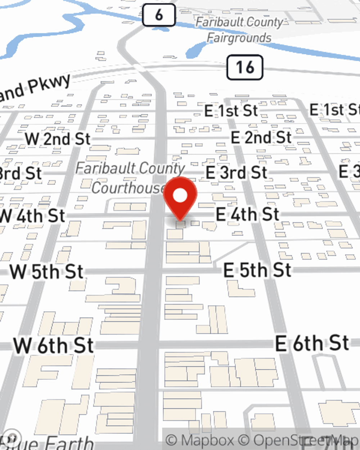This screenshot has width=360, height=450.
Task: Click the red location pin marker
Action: pos(180,197)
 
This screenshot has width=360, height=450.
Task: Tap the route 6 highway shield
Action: pos(159,15)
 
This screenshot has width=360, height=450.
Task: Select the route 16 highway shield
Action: pos(245,67)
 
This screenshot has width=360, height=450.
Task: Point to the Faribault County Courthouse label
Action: pos(130,178)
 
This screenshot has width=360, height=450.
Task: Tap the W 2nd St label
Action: pos(58,139)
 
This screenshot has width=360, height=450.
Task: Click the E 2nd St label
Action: pos(261,137)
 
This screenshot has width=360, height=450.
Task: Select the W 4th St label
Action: pos(32,216)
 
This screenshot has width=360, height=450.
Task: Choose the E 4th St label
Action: pos(248,215)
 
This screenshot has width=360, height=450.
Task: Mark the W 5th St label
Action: pos(47,272)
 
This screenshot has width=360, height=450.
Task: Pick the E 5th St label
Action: pos(257,270)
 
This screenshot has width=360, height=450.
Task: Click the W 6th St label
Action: pos(54,346)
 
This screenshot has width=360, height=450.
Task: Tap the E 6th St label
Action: pos(312,343)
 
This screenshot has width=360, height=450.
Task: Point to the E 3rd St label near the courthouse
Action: pos(236,172)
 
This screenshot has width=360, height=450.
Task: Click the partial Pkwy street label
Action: pos(36,88)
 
